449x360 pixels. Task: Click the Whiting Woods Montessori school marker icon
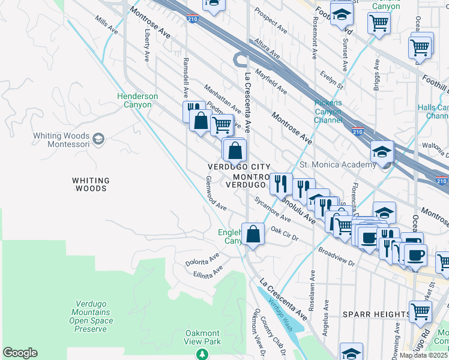pos(99,140)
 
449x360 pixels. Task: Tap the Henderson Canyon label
pos(137,100)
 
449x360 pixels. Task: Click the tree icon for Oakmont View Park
pos(202,354)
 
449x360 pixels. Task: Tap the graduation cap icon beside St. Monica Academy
pos(381,151)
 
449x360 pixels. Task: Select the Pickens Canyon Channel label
pos(328,111)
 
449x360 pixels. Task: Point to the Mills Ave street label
pos(106,25)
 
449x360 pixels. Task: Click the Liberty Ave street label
pos(146,47)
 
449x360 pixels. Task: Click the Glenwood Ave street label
pos(216,193)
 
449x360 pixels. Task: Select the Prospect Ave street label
pos(271,20)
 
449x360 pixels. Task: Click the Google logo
pos(20,353)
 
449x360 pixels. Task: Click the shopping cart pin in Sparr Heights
pos(420,311)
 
